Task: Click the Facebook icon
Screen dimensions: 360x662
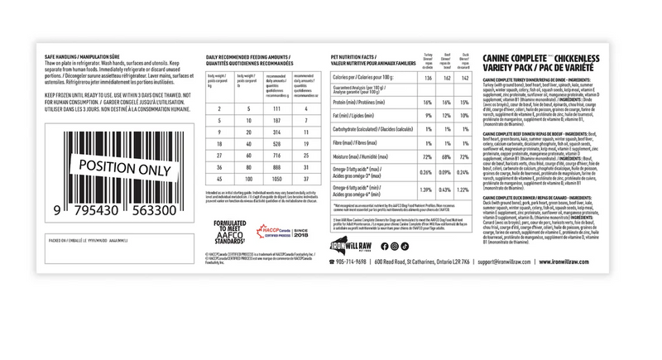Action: [x=384, y=246]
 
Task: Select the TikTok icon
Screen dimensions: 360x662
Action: [x=405, y=246]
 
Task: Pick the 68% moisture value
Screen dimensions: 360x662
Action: [x=447, y=156]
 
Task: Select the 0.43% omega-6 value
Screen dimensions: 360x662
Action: [x=447, y=190]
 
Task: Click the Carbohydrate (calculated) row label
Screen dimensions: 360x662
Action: [x=367, y=129]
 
